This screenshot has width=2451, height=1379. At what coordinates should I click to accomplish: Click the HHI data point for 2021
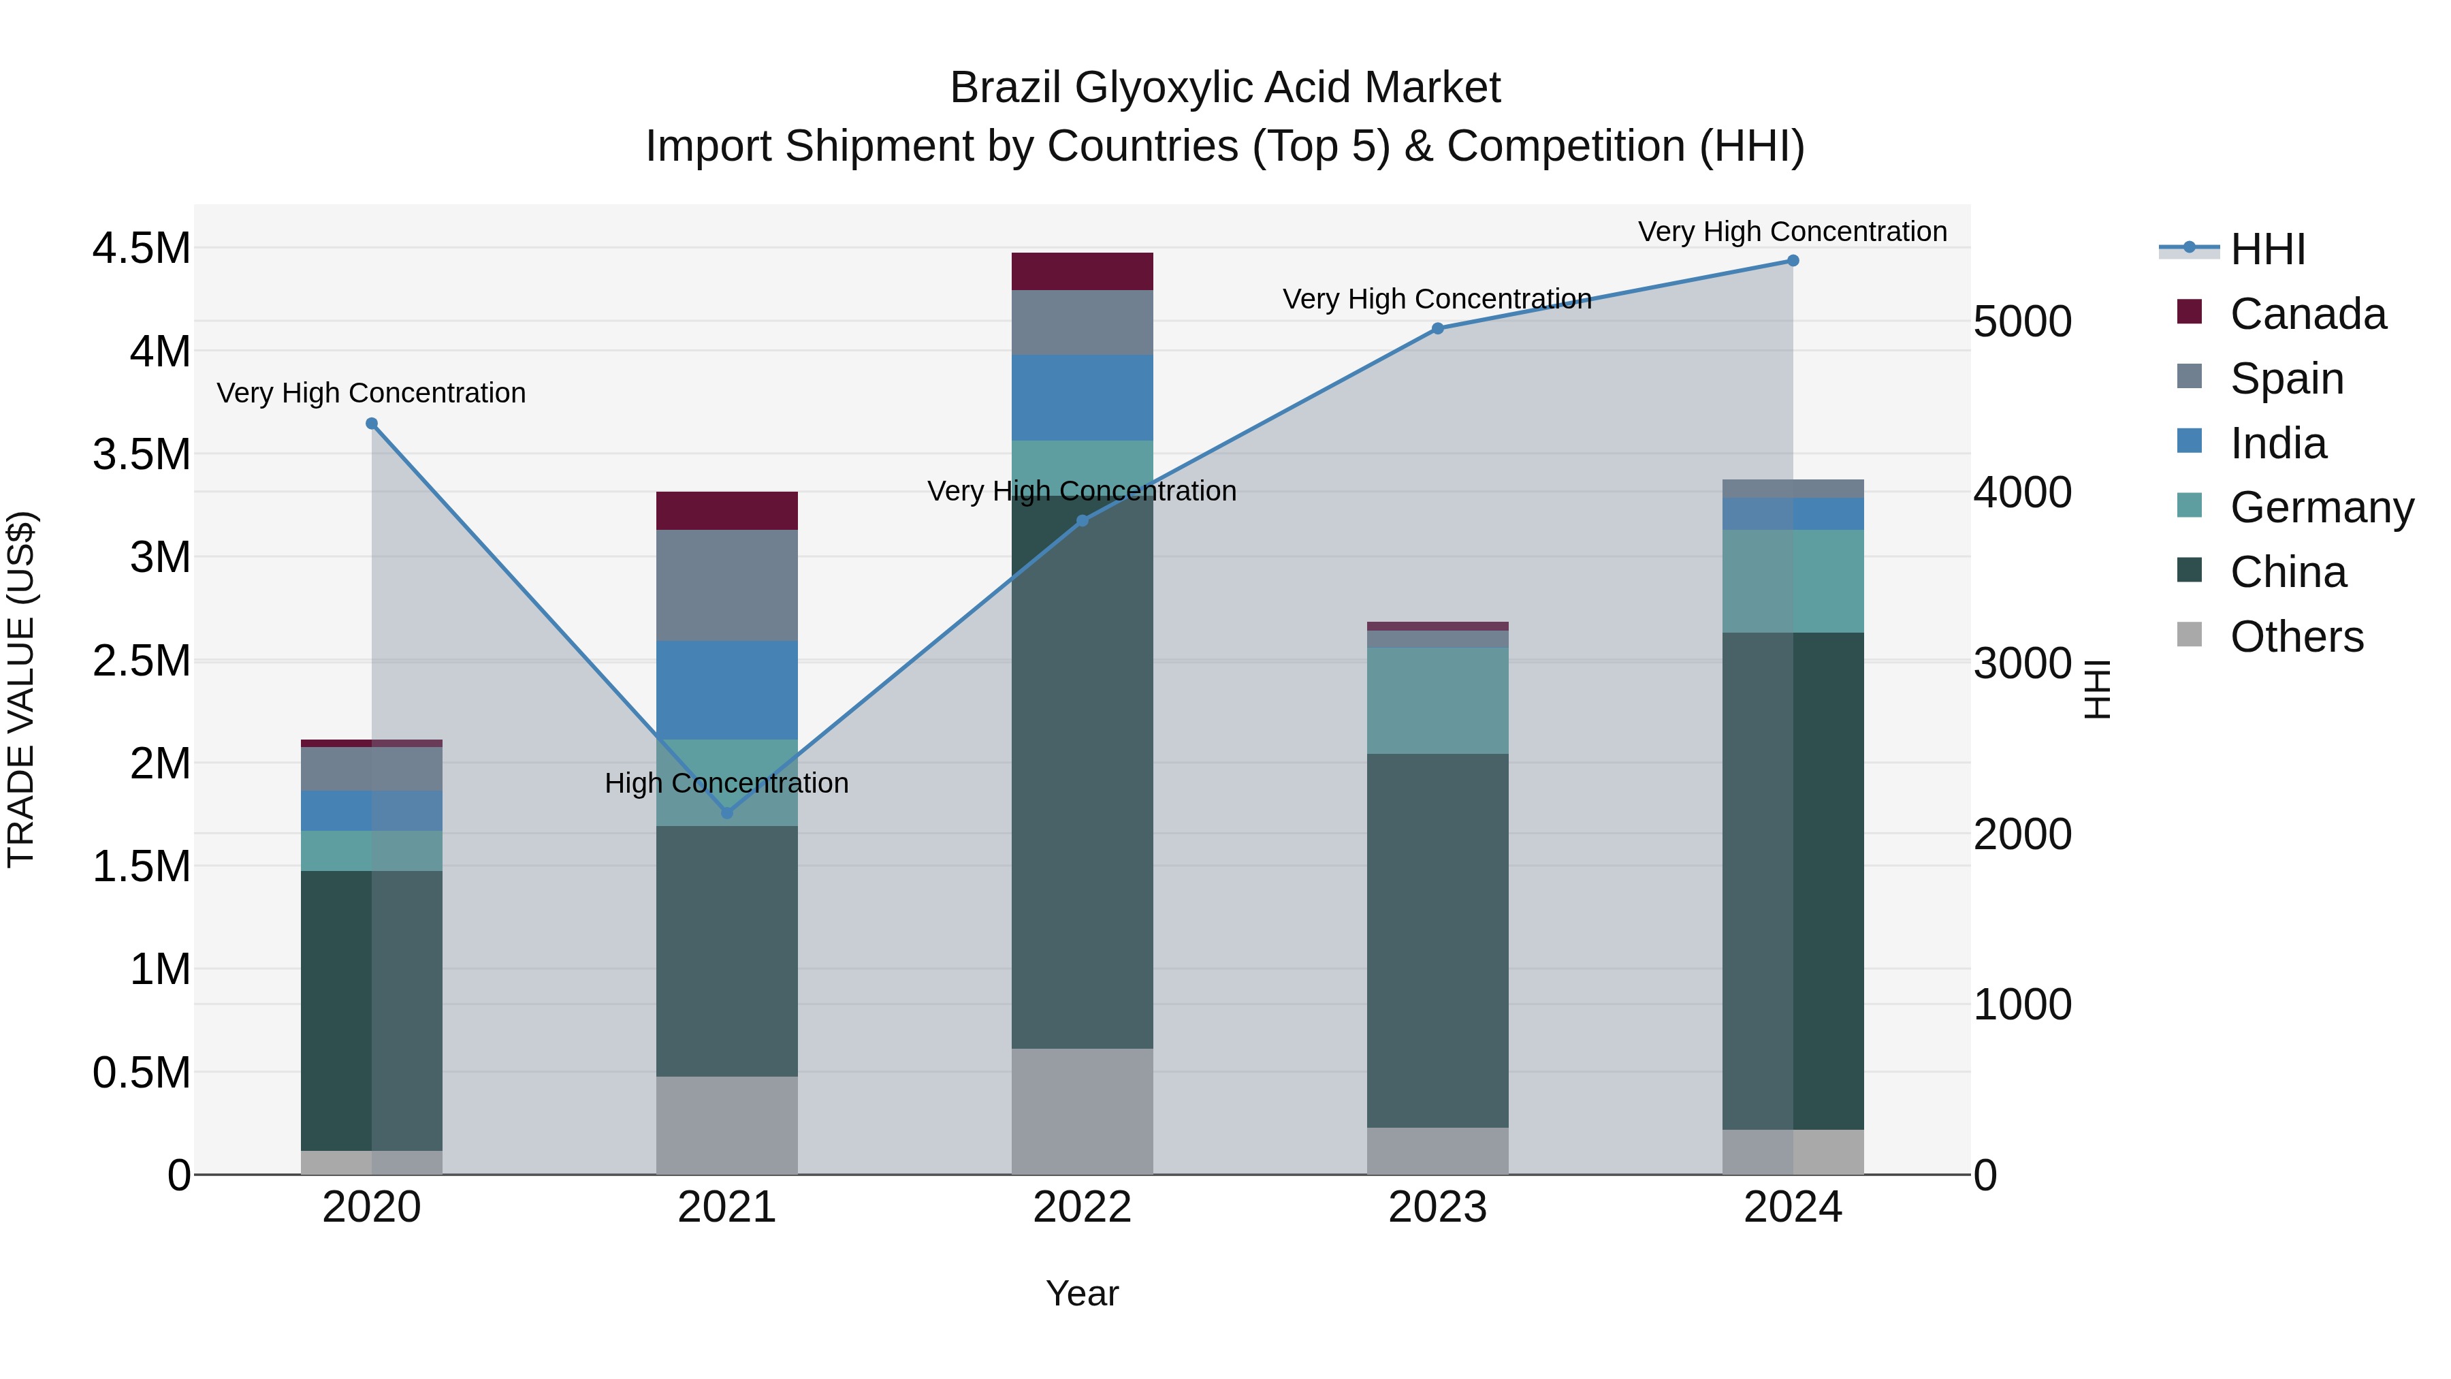[x=727, y=812]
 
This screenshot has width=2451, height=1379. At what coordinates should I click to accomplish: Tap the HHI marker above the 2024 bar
[x=1793, y=261]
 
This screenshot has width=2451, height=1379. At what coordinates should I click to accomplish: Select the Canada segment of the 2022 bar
[x=1082, y=271]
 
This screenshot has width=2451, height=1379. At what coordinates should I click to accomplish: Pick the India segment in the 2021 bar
[x=727, y=690]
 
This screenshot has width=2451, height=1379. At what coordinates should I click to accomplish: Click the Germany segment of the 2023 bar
[x=1438, y=701]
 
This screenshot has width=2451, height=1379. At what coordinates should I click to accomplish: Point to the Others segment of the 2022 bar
[x=1082, y=1111]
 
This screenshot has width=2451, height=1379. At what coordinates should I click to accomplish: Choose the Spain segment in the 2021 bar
[x=727, y=585]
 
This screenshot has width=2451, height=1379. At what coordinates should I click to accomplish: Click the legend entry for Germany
[x=2322, y=507]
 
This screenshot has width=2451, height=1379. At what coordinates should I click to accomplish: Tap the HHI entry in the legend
[x=2267, y=249]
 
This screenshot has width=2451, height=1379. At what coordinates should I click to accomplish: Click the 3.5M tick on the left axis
[x=141, y=454]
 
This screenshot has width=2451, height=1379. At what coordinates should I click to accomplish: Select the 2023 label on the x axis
[x=1438, y=1207]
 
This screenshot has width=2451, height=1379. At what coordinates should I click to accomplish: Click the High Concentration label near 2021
[x=727, y=783]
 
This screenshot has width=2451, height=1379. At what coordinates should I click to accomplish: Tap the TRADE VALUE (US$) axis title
[x=21, y=689]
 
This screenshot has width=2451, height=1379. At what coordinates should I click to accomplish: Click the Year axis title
[x=1082, y=1293]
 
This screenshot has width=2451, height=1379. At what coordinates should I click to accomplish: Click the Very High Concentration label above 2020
[x=371, y=393]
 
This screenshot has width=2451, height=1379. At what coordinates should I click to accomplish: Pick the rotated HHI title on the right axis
[x=2097, y=689]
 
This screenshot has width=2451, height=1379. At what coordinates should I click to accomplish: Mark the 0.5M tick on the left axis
[x=141, y=1073]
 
